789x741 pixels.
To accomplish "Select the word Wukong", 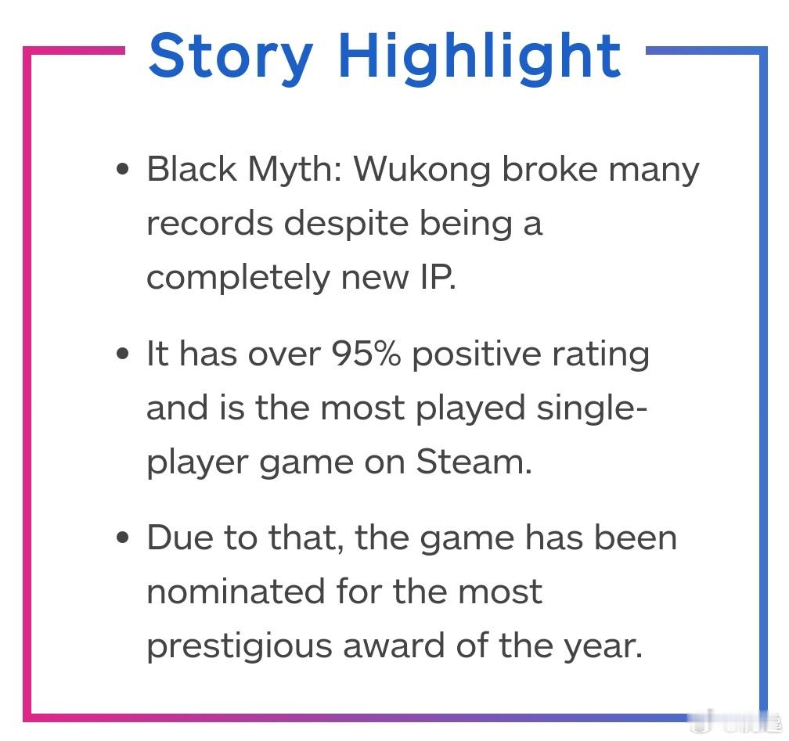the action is point(422,170).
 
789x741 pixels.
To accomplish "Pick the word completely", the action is point(238,278).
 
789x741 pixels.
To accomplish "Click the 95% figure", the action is point(366,354).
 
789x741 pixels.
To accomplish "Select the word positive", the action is point(477,355).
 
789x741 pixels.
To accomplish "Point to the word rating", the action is point(601,355).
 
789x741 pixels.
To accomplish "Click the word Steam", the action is point(474,462).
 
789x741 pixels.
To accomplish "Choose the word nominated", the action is point(236,591).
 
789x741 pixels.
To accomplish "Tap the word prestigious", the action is point(239,646).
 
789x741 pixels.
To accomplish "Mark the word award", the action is point(394,645).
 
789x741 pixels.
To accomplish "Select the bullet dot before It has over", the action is point(122,354).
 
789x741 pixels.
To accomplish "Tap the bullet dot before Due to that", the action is point(122,538).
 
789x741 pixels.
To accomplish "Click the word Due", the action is point(180,538).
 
